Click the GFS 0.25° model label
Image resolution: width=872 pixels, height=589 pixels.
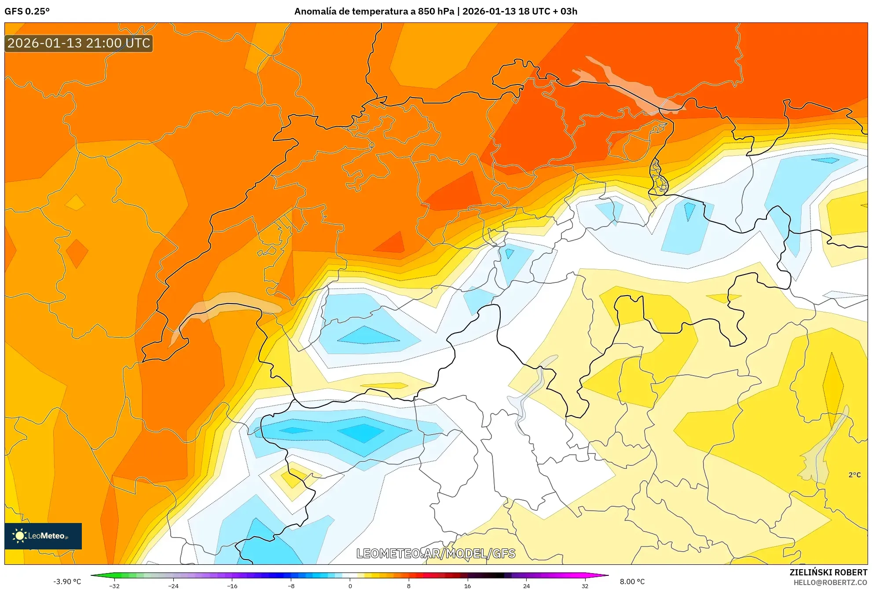point(27,11)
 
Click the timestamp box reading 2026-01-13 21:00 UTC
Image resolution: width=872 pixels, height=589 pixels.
point(79,43)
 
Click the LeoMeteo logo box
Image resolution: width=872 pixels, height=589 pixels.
point(43,536)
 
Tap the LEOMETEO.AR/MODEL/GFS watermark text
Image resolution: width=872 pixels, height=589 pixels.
point(436,553)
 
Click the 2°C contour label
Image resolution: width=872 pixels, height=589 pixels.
point(854,475)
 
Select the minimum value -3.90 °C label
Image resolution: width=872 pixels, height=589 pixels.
point(67,582)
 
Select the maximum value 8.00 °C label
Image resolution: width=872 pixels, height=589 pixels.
point(632,582)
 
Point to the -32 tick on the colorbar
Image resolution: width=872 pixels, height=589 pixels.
point(114,586)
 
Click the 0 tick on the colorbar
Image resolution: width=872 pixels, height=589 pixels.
point(350,586)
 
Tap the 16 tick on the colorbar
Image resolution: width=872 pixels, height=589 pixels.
point(467,586)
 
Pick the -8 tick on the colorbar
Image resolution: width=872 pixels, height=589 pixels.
point(291,586)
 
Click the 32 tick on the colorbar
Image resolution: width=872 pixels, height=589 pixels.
point(585,586)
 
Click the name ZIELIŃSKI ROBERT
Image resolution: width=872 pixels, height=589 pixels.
point(828,572)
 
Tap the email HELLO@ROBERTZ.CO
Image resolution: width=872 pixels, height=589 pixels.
point(830,582)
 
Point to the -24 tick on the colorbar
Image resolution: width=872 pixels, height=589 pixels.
point(173,586)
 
